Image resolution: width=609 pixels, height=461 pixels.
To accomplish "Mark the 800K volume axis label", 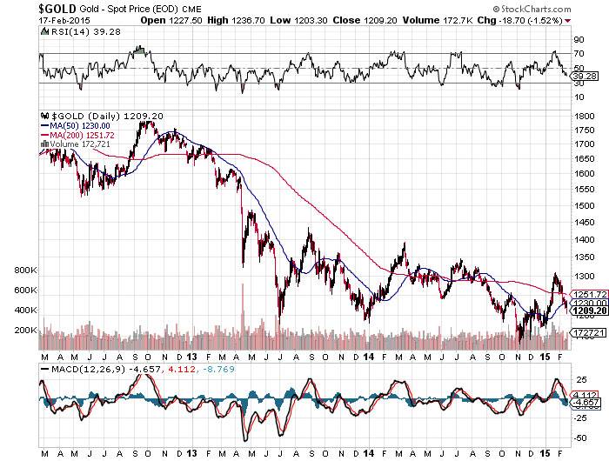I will (x=23, y=271).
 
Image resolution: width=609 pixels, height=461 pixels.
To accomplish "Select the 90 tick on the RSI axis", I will (x=576, y=40).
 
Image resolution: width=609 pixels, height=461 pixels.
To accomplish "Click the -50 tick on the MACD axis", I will (x=578, y=438).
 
